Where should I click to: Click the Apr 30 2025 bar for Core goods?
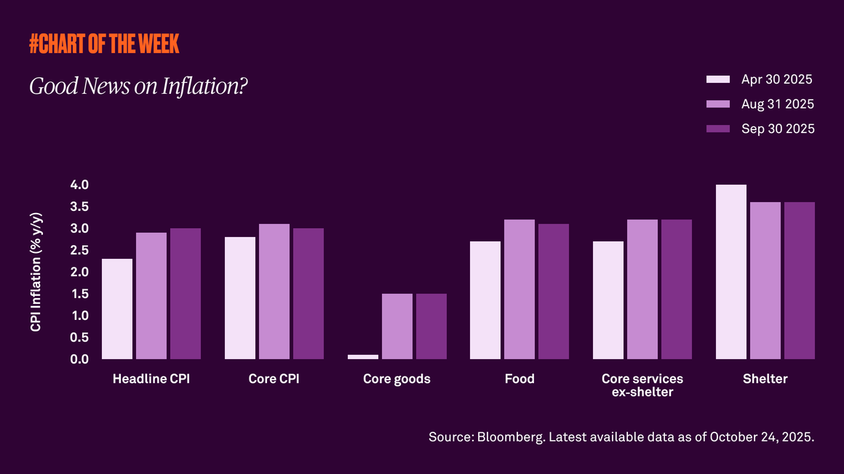[363, 357]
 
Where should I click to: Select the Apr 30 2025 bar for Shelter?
[731, 272]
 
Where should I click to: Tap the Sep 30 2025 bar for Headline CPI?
[186, 294]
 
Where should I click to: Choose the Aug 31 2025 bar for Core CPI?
[274, 292]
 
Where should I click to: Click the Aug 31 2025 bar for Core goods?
[397, 326]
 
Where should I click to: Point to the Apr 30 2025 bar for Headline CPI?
[117, 309]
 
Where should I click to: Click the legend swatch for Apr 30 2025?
[718, 79]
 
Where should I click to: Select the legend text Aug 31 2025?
[777, 104]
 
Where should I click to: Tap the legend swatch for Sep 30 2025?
[718, 129]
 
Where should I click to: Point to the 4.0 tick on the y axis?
[79, 185]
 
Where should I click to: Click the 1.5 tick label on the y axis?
[79, 294]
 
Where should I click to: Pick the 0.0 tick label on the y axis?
[79, 359]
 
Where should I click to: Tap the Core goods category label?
[397, 379]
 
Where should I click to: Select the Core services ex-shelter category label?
[642, 385]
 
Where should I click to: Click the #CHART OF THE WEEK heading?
[104, 44]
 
